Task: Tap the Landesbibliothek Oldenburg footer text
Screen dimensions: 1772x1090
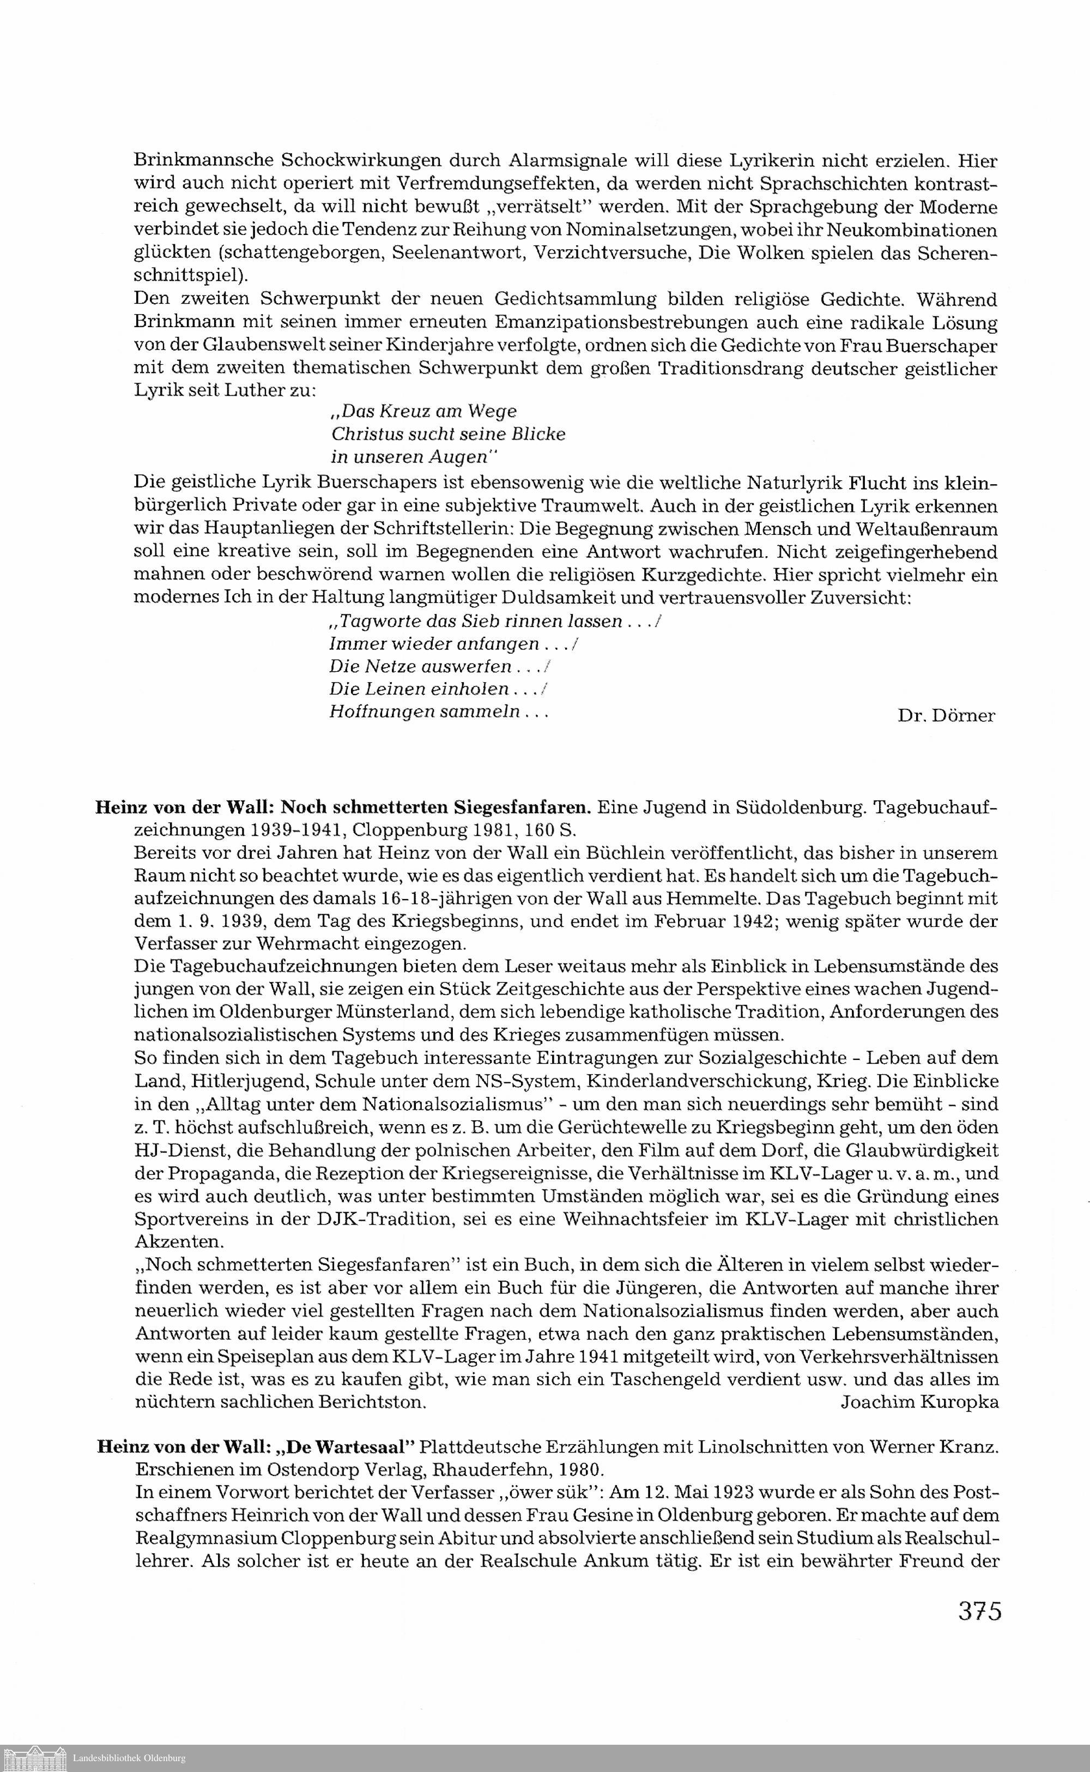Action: (129, 1758)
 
